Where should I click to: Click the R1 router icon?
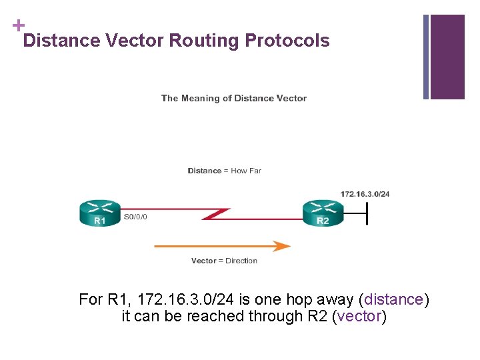pyautogui.click(x=100, y=213)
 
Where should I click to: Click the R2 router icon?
pyautogui.click(x=323, y=213)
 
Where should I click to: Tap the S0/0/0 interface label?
pyautogui.click(x=137, y=217)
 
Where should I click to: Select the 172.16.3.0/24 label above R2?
pyautogui.click(x=365, y=194)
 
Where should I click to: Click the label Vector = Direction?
pyautogui.click(x=224, y=261)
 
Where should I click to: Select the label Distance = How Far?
pyautogui.click(x=224, y=171)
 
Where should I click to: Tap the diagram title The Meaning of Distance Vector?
pyautogui.click(x=234, y=98)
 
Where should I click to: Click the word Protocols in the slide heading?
pyautogui.click(x=287, y=41)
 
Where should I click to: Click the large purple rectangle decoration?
pyautogui.click(x=447, y=57)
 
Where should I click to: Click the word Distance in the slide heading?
pyautogui.click(x=61, y=41)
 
